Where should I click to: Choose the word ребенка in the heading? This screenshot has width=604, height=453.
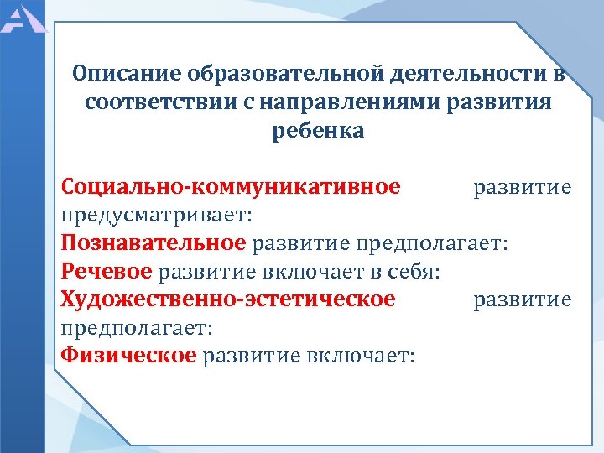pos(318,131)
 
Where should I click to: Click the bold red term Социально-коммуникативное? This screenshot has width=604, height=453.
pos(231,186)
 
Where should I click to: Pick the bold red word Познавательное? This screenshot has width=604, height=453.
pos(154,243)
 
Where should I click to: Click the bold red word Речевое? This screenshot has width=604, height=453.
pos(107,272)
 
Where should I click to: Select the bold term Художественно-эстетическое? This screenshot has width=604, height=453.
pos(228,299)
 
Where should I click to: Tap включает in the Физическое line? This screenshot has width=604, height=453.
pos(364,356)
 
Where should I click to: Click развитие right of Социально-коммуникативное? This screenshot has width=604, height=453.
pos(522,186)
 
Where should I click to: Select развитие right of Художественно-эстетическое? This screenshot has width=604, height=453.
pos(522,299)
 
